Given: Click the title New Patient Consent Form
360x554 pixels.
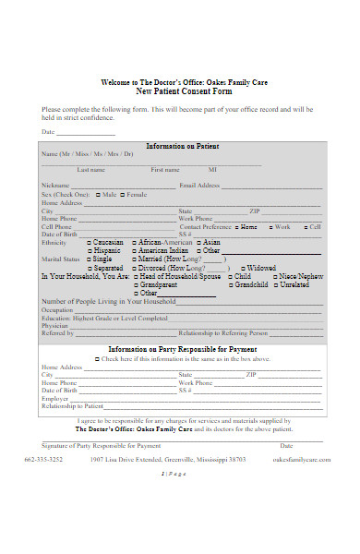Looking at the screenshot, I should coord(184,92).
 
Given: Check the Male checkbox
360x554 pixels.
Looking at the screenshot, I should coord(97,195).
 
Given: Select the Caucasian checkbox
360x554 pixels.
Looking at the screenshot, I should coord(90,242).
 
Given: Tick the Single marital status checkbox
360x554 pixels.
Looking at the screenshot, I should coord(90,259).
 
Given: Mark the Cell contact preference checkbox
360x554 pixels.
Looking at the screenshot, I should coord(302,226).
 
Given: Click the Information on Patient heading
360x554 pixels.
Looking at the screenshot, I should coord(183,146).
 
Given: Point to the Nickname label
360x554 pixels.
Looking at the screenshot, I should coord(56,186).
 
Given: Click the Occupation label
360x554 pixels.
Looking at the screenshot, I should coord(57,310).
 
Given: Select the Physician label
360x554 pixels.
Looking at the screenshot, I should coord(55,326).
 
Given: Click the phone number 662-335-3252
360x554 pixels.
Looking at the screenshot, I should coord(43,459).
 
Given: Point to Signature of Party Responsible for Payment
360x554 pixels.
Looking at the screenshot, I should coord(90,446).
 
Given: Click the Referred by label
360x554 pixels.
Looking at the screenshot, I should coord(57,333).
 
